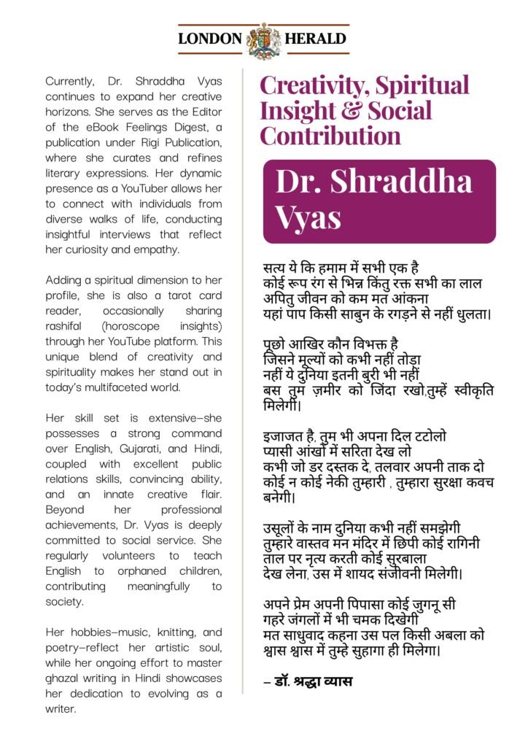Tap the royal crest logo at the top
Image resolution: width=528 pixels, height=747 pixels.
pos(264,40)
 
